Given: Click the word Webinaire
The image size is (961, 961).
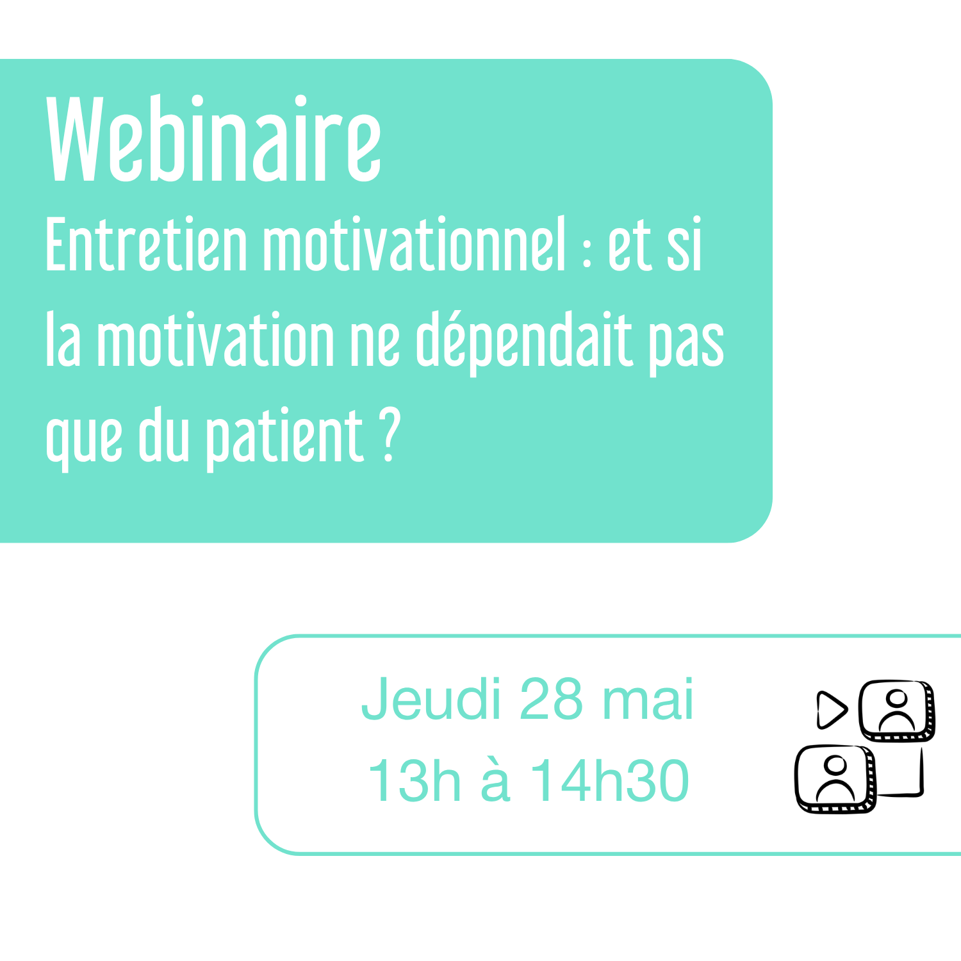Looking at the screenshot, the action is coord(214,139).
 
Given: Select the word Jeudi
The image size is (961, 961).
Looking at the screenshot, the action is coord(431,699).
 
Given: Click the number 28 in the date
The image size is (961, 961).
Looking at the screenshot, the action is coord(552,699).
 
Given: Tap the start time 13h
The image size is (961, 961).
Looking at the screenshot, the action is coord(414,780).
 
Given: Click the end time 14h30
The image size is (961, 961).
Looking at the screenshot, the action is coord(609,780).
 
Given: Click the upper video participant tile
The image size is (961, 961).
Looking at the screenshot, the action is coord(897,710).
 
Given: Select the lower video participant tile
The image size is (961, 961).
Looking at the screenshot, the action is coord(835,778).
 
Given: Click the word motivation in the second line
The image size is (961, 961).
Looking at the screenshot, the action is coord(216,340).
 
